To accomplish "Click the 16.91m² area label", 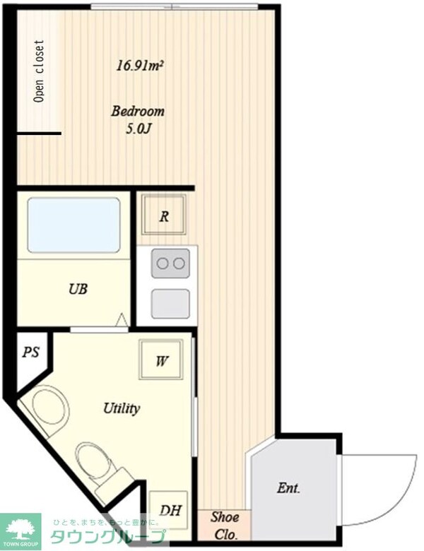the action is [141, 66].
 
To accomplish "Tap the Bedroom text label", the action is [138, 111].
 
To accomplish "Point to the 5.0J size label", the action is [139, 129].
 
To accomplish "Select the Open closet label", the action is [40, 71].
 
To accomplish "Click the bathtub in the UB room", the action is [73, 225].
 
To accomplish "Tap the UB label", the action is [78, 289].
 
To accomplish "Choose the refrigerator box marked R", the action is [164, 214].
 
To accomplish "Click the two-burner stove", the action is [170, 263].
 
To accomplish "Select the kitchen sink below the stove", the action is [170, 304].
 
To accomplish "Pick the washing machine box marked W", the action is [161, 359].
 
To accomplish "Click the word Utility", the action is [122, 408].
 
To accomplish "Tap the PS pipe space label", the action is [31, 352].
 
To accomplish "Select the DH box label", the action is [170, 510].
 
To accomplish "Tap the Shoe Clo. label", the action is [225, 526].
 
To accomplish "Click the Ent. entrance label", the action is [288, 488].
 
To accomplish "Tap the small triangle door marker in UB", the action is [122, 319].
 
